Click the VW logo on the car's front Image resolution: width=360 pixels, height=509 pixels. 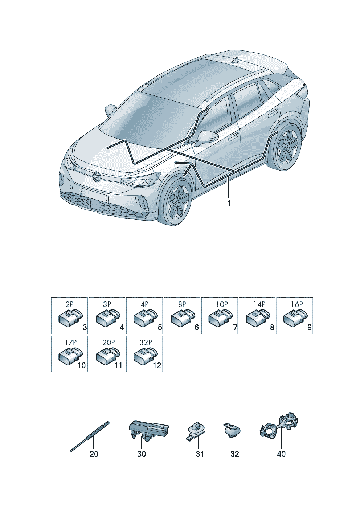pyautogui.click(x=97, y=177)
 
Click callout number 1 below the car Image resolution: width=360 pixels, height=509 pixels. pyautogui.click(x=229, y=203)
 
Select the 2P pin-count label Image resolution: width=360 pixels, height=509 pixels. pyautogui.click(x=69, y=304)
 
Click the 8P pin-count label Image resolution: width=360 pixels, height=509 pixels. pyautogui.click(x=182, y=304)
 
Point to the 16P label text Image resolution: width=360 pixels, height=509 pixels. pyautogui.click(x=296, y=304)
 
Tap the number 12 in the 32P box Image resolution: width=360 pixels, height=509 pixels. pyautogui.click(x=157, y=365)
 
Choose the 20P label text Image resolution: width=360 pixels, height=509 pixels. pyautogui.click(x=108, y=342)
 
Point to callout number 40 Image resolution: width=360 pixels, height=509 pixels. pyautogui.click(x=281, y=454)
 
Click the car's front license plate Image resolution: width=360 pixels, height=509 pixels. pyautogui.click(x=94, y=195)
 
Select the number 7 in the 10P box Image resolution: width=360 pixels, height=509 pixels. pyautogui.click(x=235, y=328)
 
